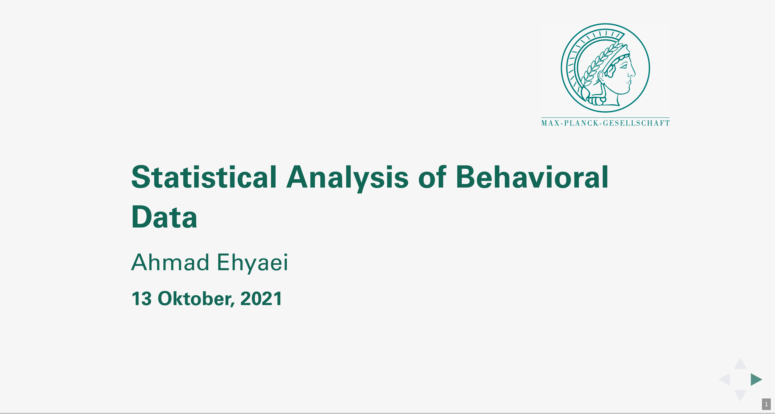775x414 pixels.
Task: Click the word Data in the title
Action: point(164,217)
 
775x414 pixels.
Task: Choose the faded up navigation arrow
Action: point(740,364)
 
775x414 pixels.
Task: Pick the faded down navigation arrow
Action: point(740,395)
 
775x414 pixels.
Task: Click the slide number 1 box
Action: point(766,404)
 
